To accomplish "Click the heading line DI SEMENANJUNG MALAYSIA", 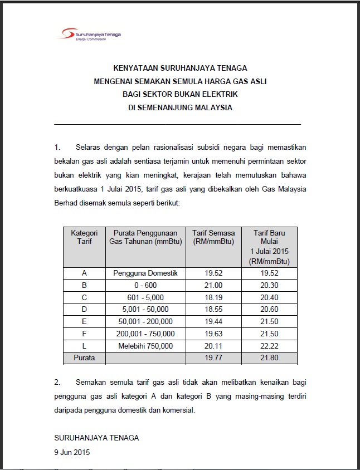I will [179, 108].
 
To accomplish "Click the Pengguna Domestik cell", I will [145, 273].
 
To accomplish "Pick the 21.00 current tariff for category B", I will [213, 285].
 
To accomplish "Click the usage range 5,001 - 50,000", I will [145, 309].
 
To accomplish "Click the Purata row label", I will [84, 358].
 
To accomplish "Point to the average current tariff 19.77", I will [213, 358].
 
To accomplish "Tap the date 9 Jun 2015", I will [72, 452].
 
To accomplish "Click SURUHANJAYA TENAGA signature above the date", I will [96, 438].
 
